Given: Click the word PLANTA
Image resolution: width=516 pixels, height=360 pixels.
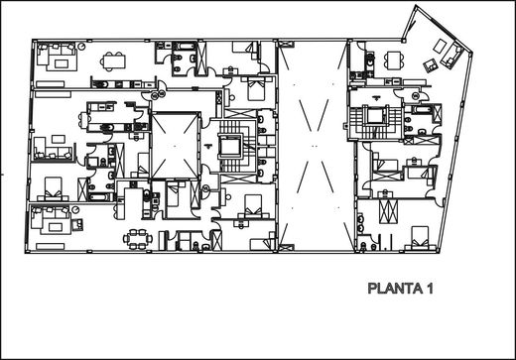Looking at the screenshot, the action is click(395, 289).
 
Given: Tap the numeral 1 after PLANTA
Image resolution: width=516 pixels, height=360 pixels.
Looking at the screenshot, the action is click(430, 289).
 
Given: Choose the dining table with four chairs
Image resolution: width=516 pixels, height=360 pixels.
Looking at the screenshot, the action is click(394, 60).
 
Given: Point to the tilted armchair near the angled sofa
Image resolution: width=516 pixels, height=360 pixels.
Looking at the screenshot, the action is click(431, 65).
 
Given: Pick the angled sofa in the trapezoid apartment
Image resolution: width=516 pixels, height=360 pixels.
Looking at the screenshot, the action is click(451, 56).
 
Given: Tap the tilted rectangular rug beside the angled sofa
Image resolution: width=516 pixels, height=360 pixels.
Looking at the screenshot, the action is click(440, 46).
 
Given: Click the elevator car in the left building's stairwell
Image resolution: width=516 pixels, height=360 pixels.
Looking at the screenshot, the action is click(230, 146).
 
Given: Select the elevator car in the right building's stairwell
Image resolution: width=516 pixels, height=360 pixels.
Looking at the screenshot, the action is click(374, 115).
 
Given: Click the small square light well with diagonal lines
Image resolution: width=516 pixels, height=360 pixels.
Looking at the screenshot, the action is click(176, 146).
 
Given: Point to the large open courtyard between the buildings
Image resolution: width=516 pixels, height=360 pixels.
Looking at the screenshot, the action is click(313, 146).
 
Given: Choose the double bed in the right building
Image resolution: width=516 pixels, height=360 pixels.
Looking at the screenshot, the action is click(420, 238).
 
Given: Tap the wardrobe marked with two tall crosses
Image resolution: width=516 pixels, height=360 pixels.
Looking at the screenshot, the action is click(388, 212).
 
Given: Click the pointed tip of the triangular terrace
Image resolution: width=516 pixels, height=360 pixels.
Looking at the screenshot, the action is click(416, 6).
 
